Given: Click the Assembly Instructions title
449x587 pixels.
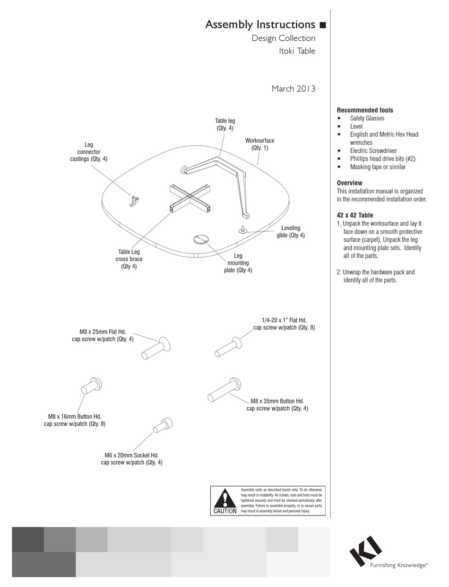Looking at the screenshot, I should point(260,25).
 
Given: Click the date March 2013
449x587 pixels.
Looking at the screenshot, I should point(293,88).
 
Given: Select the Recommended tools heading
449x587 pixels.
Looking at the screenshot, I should point(364,110).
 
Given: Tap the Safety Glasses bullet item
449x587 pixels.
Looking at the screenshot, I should point(367,118).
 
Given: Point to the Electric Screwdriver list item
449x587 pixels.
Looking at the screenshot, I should point(373,150).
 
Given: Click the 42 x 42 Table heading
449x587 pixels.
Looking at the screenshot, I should point(354,215).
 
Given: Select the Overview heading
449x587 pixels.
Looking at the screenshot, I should point(349,183).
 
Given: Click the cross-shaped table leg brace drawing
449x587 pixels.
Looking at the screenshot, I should point(189,198).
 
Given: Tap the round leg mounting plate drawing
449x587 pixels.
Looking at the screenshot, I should point(201,239).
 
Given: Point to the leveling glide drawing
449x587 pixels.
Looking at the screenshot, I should point(242,229).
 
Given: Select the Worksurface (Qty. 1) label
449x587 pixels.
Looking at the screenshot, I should point(259,144).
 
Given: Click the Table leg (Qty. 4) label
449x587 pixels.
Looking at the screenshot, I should point(224,124).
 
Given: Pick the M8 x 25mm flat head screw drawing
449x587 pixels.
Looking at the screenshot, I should point(156,349).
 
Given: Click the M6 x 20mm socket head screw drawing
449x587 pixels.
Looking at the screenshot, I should point(163,425).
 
